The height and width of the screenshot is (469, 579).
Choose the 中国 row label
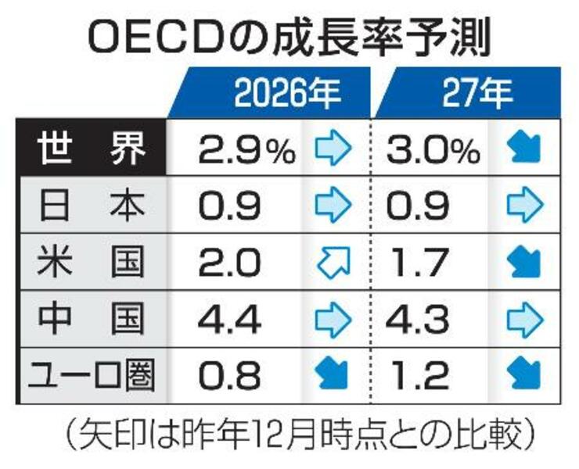point(92,319)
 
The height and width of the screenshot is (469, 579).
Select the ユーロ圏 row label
point(92,374)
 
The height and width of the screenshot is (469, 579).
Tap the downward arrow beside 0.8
point(333,375)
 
